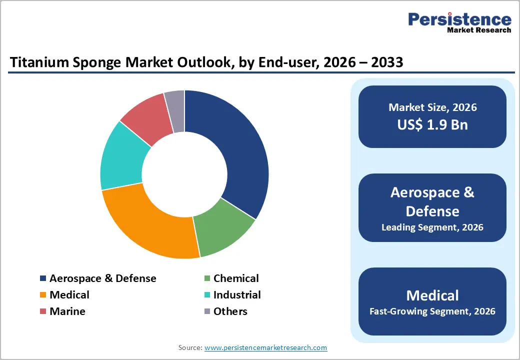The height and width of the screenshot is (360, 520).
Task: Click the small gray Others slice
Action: [175, 105]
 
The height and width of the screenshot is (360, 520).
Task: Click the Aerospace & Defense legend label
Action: [102, 278]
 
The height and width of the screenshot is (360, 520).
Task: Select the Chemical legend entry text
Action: [236, 278]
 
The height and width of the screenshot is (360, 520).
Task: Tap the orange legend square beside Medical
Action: [43, 295]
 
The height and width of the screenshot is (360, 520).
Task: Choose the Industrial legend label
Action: [237, 295]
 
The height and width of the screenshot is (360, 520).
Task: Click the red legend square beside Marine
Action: [43, 311]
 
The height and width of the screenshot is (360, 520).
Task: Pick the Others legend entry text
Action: [230, 311]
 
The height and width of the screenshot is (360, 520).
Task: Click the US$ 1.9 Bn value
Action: [432, 124]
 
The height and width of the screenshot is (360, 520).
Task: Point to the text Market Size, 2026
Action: [432, 107]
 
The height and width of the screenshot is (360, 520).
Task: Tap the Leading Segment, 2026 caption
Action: [432, 227]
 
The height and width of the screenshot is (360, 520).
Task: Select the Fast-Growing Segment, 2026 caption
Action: [432, 311]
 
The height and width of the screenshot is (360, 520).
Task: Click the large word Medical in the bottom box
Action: [432, 295]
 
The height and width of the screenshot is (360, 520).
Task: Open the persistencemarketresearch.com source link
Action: [265, 347]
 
